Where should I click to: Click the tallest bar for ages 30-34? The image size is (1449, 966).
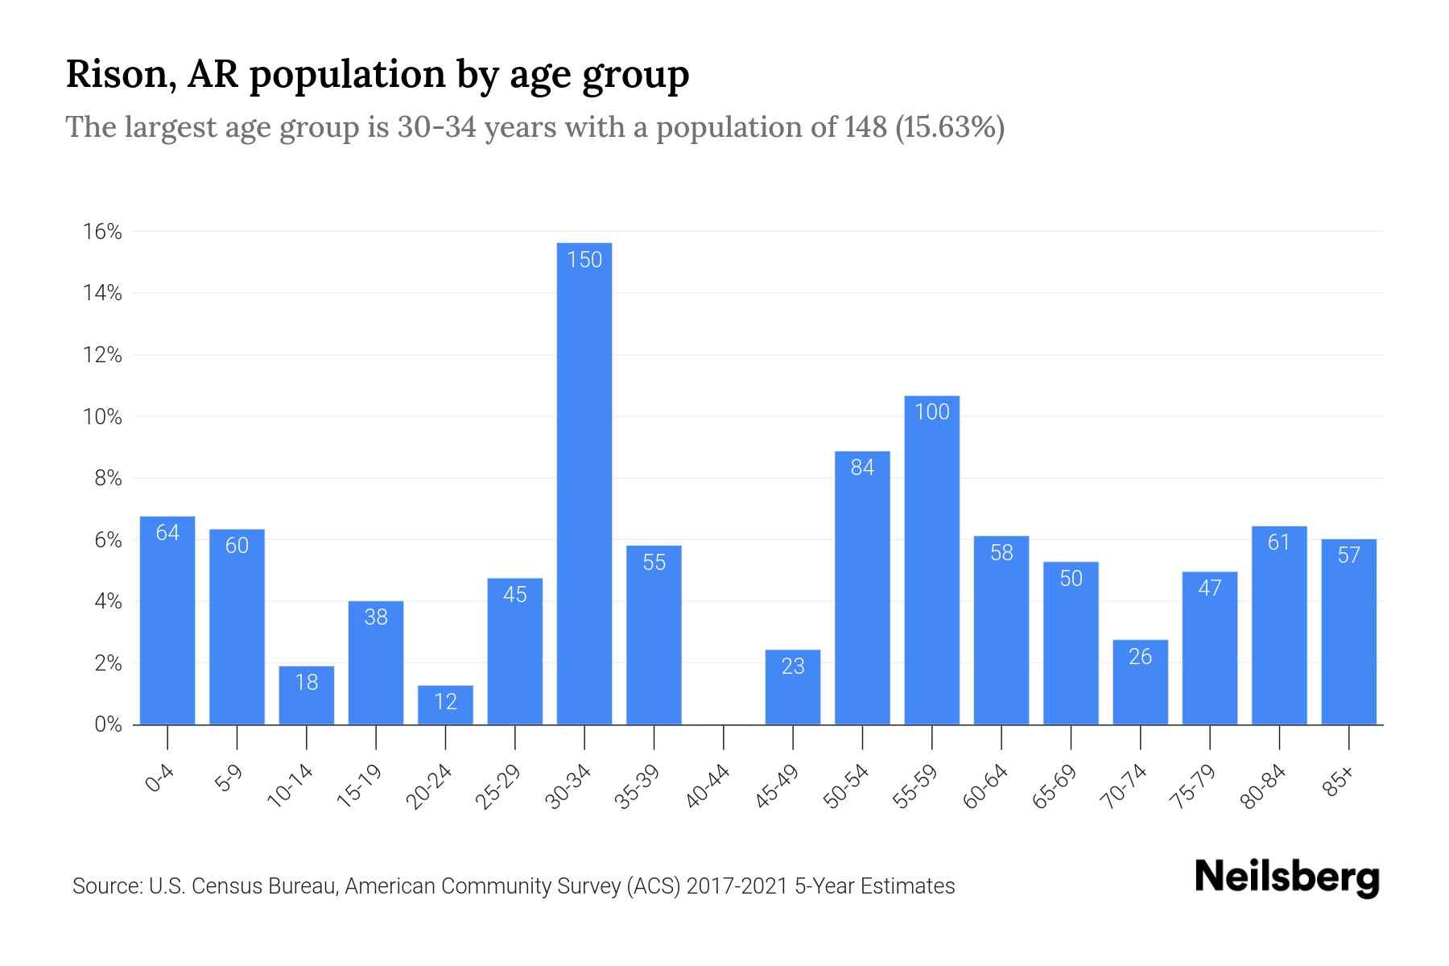(584, 483)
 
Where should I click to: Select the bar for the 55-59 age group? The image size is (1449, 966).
(931, 563)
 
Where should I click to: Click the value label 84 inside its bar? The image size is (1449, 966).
(862, 468)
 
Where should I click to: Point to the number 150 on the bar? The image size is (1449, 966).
(584, 260)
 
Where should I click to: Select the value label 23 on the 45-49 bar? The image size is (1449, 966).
(793, 667)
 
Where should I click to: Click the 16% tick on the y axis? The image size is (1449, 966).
(102, 232)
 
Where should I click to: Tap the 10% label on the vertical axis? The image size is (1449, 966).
(102, 417)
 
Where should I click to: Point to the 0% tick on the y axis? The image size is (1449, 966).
(108, 724)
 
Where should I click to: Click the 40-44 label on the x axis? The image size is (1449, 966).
(708, 787)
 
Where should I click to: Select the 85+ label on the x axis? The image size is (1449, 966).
(1338, 782)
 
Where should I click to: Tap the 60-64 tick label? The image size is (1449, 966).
(986, 787)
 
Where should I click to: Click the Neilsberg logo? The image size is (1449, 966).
(1286, 877)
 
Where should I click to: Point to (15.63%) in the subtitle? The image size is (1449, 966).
(950, 127)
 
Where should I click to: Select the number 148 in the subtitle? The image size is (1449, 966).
(865, 127)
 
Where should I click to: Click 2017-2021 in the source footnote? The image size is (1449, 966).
(737, 886)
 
